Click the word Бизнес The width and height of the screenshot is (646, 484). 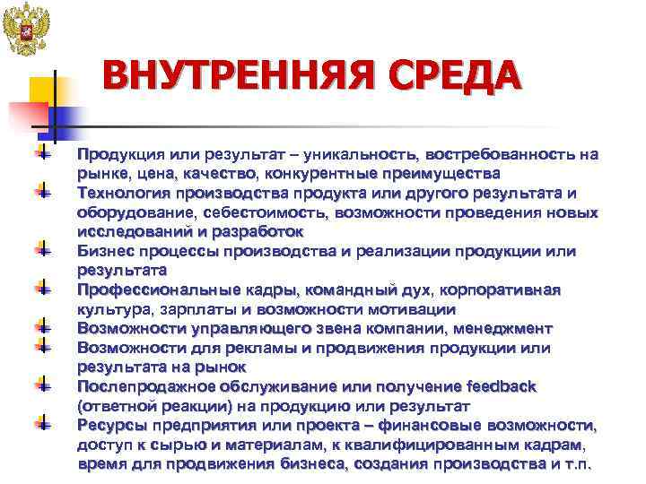pos(106,251)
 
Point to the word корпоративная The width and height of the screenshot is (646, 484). pos(501,290)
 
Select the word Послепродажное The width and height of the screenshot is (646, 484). pos(145,386)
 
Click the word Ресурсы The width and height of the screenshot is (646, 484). pos(111,425)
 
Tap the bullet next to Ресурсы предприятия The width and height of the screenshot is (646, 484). pos(41,421)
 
